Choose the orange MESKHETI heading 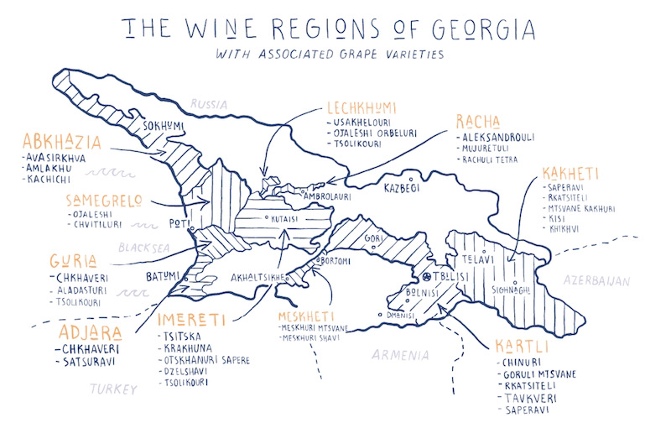point(305,317)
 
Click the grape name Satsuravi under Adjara point(86,363)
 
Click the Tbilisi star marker point(426,276)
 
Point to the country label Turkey point(112,389)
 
